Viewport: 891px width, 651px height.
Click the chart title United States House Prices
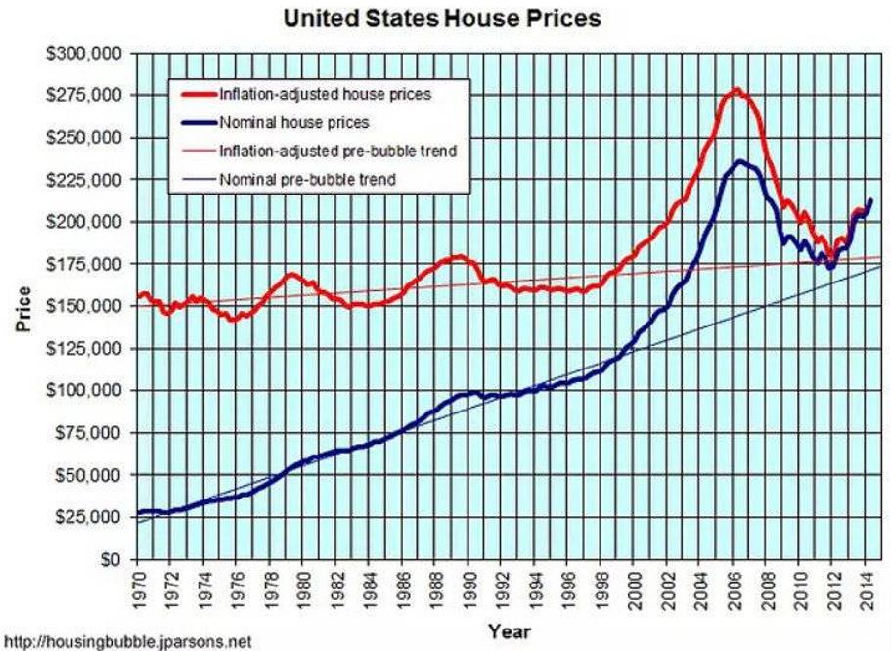tap(441, 18)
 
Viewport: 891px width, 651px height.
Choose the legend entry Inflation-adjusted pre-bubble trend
tap(338, 152)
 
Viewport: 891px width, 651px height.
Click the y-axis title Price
tap(21, 307)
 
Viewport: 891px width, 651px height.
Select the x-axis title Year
tap(509, 630)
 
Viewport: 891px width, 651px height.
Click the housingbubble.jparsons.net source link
tap(126, 642)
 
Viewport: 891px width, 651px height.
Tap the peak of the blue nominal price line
tap(740, 161)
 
